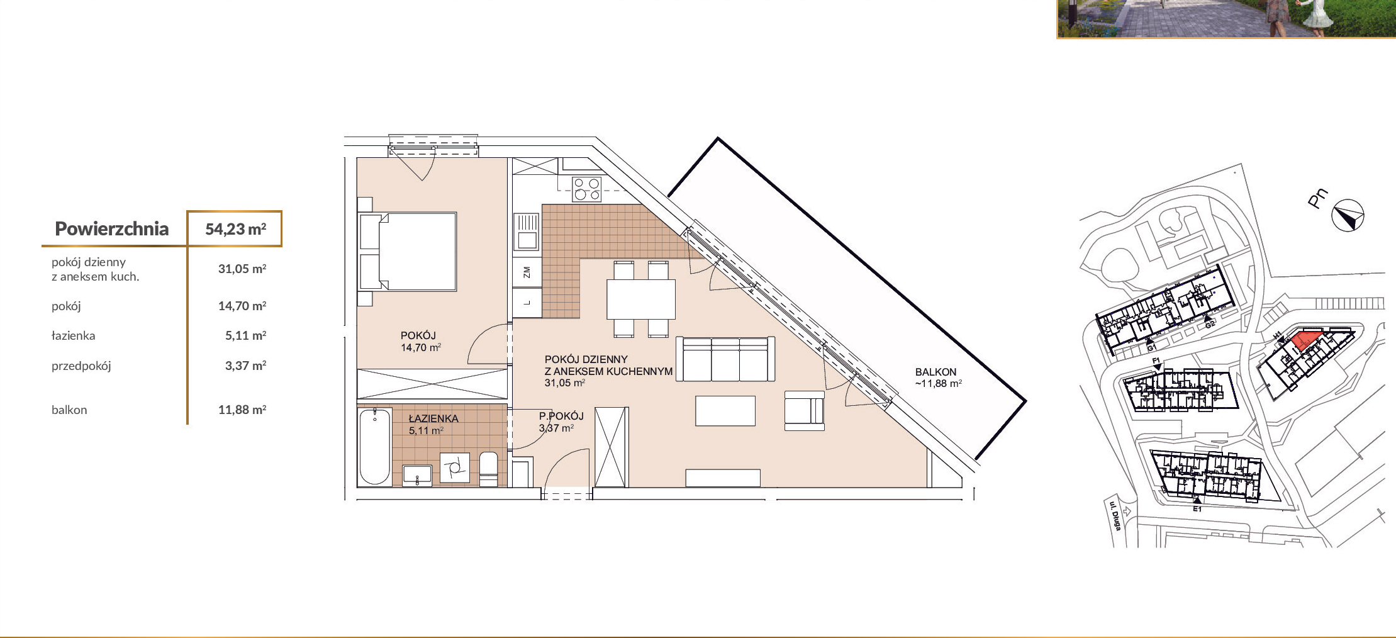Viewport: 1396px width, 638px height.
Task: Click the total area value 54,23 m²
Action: click(x=235, y=229)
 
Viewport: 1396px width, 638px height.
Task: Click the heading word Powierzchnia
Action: click(x=111, y=228)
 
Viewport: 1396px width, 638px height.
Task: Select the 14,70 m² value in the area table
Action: click(x=242, y=306)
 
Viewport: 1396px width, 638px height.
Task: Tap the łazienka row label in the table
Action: click(x=74, y=335)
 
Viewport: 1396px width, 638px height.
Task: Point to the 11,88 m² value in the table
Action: click(x=242, y=410)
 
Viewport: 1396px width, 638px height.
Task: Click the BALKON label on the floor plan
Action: click(x=935, y=372)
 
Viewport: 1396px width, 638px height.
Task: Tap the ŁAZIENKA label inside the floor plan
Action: click(x=433, y=418)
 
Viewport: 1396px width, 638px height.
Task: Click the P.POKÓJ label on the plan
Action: click(x=561, y=416)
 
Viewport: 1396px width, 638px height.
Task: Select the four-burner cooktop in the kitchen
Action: click(x=586, y=189)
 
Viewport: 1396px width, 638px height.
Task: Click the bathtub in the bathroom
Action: click(x=375, y=446)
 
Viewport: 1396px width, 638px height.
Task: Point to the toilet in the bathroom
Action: click(x=488, y=469)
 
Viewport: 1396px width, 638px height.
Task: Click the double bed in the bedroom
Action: click(x=408, y=252)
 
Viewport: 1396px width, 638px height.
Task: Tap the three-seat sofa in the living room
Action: click(x=725, y=359)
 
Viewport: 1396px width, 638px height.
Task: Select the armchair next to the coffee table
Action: click(x=804, y=411)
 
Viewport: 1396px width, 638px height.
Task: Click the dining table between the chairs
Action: click(x=640, y=299)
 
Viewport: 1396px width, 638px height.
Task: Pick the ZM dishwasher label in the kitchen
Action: click(x=527, y=272)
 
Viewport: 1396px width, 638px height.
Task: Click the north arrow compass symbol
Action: click(x=1348, y=216)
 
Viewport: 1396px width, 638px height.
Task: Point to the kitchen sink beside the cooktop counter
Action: click(x=527, y=231)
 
